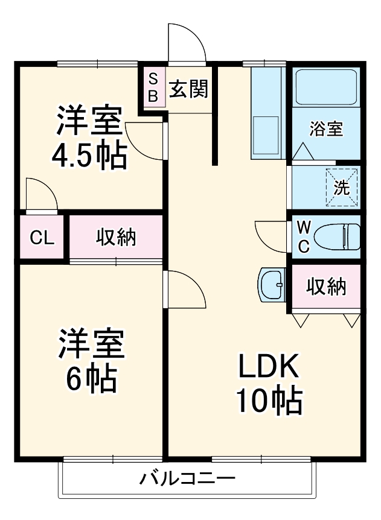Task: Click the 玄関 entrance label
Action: click(x=188, y=89)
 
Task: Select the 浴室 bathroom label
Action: click(x=327, y=128)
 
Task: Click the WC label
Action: click(x=304, y=236)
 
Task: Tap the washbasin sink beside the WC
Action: click(x=272, y=284)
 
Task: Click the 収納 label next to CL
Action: click(x=117, y=237)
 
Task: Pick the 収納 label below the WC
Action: click(x=326, y=287)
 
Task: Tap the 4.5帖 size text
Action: click(x=89, y=155)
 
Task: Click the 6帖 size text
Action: click(x=90, y=378)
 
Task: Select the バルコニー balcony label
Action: click(x=187, y=480)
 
